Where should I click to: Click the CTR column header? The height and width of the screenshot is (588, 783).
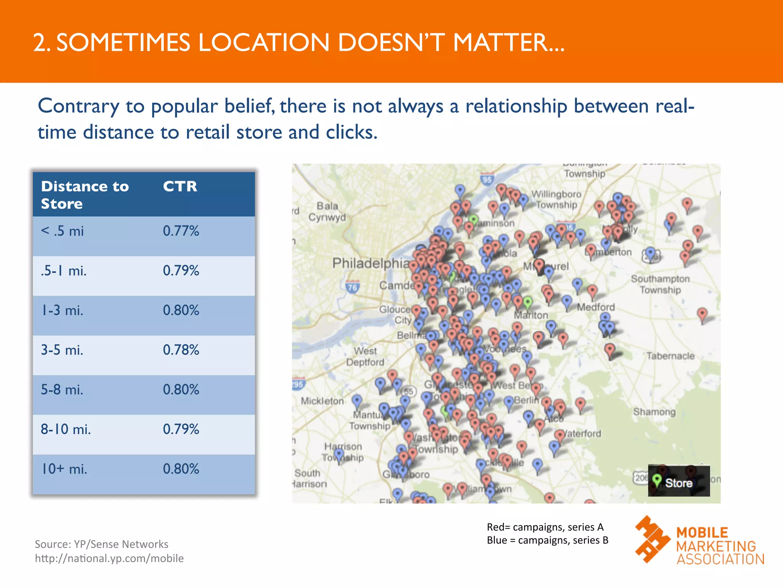pyautogui.click(x=180, y=186)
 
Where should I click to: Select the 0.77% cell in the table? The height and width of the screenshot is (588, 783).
pyautogui.click(x=181, y=231)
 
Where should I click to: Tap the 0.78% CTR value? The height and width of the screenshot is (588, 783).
pyautogui.click(x=181, y=350)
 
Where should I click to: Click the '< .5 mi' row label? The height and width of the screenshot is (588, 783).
pyautogui.click(x=62, y=231)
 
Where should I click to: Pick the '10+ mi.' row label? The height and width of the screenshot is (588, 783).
pyautogui.click(x=64, y=469)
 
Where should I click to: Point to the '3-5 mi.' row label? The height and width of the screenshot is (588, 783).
pyautogui.click(x=62, y=350)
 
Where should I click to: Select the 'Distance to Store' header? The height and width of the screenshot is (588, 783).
pyautogui.click(x=85, y=195)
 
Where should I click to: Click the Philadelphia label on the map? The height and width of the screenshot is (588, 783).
pyautogui.click(x=370, y=263)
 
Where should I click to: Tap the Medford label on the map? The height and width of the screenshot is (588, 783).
pyautogui.click(x=596, y=307)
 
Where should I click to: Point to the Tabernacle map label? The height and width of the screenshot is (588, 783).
pyautogui.click(x=670, y=356)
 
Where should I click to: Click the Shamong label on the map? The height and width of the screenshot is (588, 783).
pyautogui.click(x=654, y=412)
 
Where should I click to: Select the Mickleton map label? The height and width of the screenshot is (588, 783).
pyautogui.click(x=322, y=401)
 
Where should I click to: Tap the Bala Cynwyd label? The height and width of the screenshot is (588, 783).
pyautogui.click(x=327, y=212)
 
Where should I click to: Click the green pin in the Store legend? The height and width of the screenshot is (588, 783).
pyautogui.click(x=657, y=480)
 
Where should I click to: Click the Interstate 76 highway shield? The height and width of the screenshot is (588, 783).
pyautogui.click(x=352, y=287)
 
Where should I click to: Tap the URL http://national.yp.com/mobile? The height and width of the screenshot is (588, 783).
pyautogui.click(x=109, y=559)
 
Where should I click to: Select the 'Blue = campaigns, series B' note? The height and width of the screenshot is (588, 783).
pyautogui.click(x=547, y=540)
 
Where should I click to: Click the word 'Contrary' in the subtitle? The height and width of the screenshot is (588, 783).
pyautogui.click(x=78, y=106)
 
